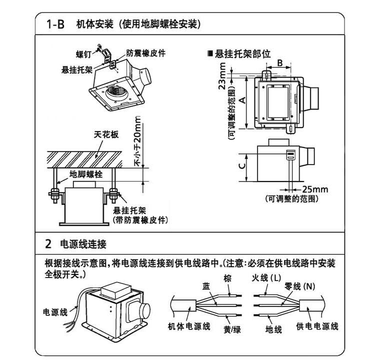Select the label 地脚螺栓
pos(86,174)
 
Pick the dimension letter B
pos(280,62)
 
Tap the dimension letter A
pos(241,100)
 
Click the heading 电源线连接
pos(83,244)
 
